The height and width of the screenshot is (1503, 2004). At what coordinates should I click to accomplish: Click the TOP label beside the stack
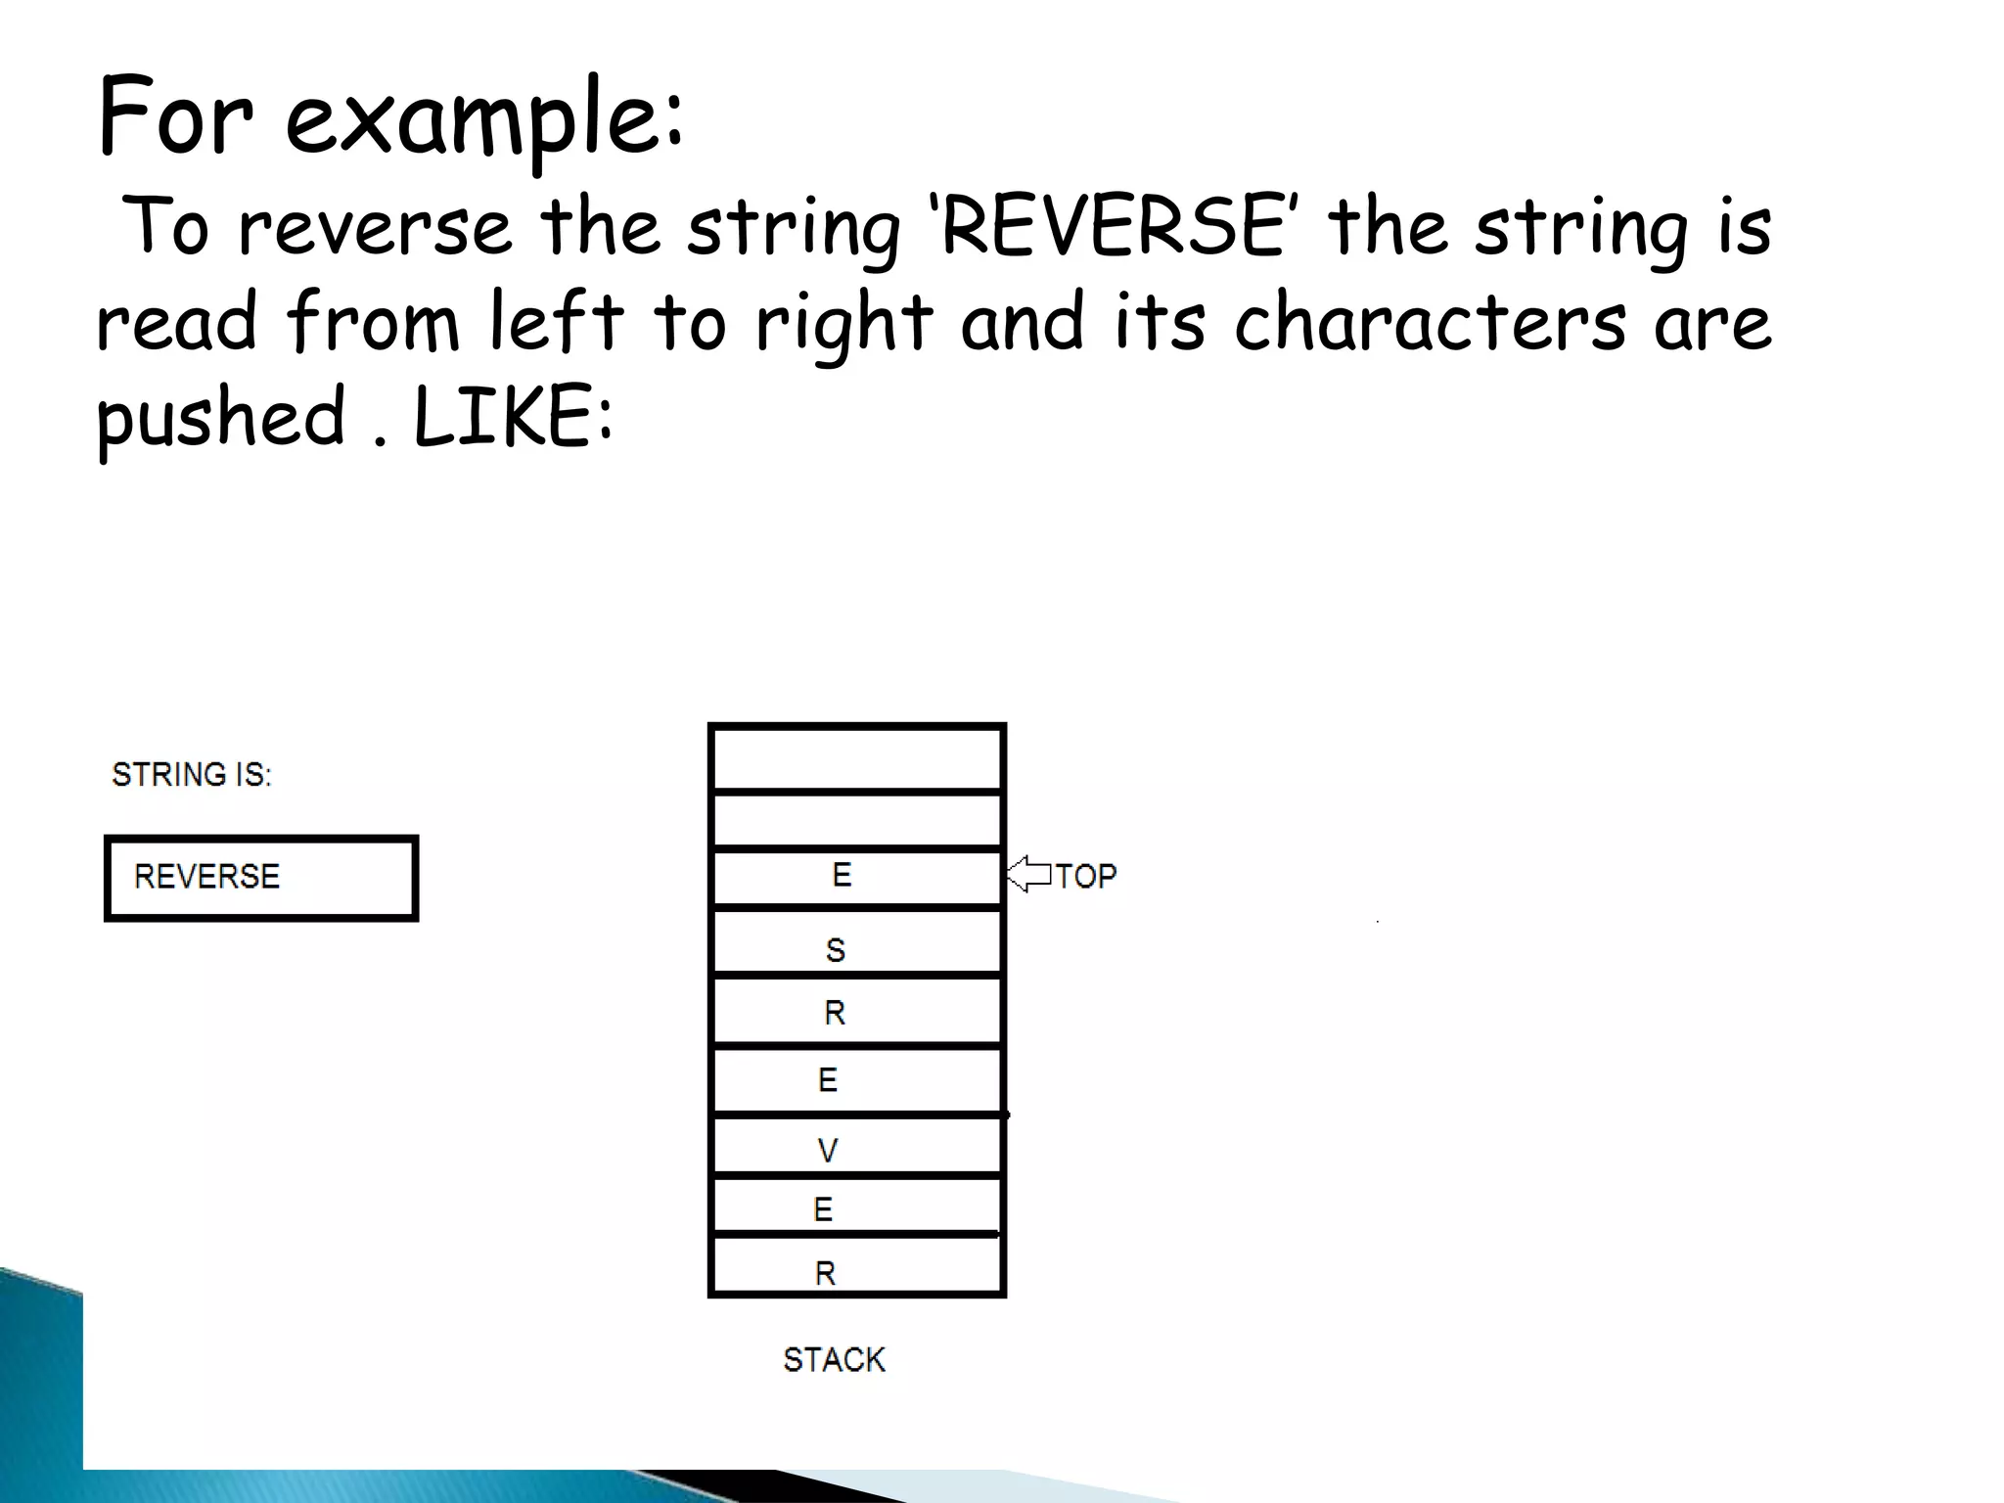tap(1085, 876)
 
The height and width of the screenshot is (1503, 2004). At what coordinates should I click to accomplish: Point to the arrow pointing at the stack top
tap(1028, 874)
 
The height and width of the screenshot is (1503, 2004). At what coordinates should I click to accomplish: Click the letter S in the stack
tap(835, 949)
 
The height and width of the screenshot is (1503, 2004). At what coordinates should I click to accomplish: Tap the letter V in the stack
tap(828, 1151)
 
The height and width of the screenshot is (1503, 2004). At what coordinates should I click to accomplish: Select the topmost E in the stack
tap(842, 874)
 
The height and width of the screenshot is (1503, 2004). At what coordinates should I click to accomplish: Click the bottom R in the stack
tap(825, 1273)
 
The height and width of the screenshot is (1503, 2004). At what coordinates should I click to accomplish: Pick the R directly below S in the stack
tap(834, 1012)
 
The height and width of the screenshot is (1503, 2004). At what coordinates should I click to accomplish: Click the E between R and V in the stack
tap(828, 1079)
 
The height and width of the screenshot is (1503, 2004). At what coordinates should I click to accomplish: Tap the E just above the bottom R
tap(823, 1209)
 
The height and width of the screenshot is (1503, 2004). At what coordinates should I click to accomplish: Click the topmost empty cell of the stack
tap(857, 758)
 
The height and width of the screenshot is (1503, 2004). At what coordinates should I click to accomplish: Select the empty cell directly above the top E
tap(857, 820)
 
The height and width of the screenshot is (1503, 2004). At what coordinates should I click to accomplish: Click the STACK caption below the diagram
tap(834, 1359)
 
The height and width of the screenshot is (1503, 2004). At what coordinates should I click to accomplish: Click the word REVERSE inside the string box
tap(206, 876)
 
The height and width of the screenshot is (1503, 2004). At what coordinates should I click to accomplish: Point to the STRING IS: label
tap(192, 774)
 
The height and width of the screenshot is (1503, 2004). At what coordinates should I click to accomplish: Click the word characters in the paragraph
tap(1430, 323)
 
